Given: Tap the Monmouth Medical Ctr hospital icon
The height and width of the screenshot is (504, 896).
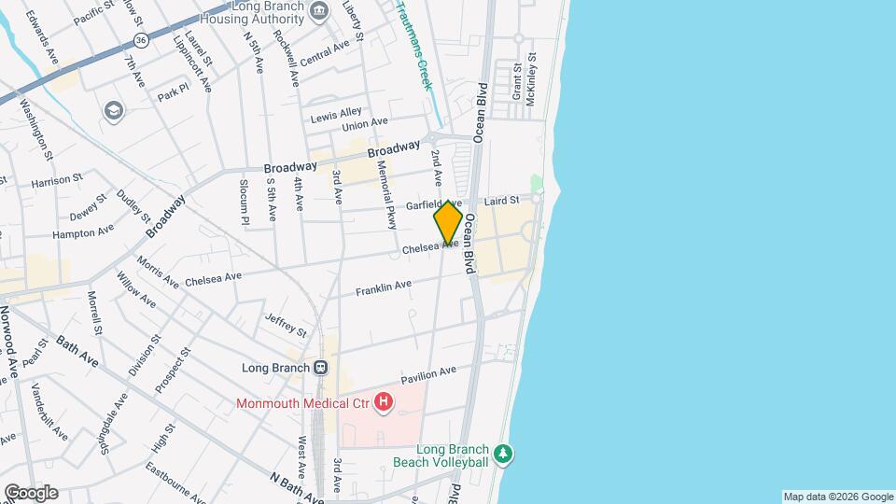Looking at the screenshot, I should point(383,402).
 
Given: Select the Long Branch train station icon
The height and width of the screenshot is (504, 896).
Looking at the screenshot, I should point(320,367).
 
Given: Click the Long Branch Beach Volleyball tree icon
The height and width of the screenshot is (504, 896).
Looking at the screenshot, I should point(504,454).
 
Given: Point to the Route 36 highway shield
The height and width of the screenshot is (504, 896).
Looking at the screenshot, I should point(140,41).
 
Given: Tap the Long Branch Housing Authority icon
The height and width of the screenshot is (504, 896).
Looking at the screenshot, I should point(320,11).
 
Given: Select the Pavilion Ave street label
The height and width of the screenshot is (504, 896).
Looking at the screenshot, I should point(428,375).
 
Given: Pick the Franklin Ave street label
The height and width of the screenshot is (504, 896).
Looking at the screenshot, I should point(384,289).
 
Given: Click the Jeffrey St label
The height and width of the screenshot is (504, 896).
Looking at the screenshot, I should point(286,325).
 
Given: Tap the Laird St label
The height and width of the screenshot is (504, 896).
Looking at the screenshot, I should point(500,201).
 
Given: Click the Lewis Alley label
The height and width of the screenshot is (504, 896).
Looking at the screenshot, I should point(336,115).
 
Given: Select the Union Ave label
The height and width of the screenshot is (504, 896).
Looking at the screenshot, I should point(365,124).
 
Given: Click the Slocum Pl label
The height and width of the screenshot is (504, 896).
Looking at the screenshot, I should point(245,202).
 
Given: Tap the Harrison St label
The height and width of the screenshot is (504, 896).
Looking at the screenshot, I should point(58,182).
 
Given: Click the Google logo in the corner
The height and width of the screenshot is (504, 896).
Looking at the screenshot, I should point(31,492).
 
